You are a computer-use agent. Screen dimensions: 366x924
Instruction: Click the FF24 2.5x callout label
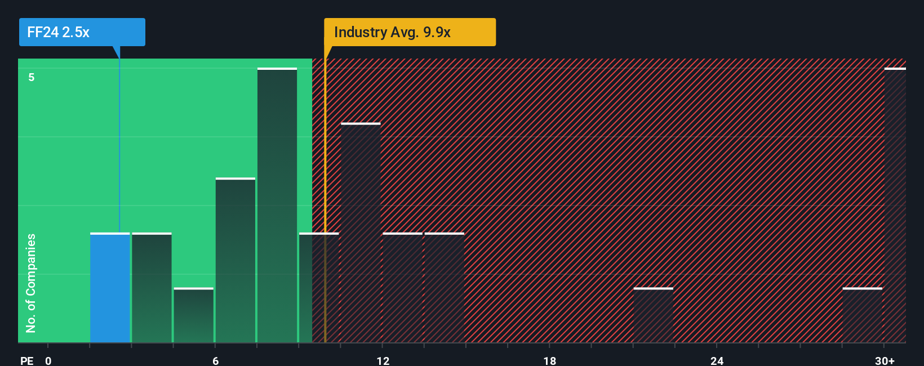82,32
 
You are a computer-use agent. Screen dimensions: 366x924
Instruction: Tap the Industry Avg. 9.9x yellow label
410,32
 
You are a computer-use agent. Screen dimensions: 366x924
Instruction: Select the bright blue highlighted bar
110,288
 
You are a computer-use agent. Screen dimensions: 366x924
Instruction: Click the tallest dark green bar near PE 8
277,206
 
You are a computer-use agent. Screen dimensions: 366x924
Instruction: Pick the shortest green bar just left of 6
193,315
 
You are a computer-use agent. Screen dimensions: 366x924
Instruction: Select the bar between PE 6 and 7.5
236,260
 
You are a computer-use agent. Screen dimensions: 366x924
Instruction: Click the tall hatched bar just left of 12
361,233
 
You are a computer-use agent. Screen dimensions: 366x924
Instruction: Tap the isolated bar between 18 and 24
653,315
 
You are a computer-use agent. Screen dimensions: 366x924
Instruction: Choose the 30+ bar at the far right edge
895,206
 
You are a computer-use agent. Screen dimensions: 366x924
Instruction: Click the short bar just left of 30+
862,315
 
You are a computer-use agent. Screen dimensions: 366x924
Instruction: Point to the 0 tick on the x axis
48,361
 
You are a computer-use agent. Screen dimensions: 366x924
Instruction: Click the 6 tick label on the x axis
216,361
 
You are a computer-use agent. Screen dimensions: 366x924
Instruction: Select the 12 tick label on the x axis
383,361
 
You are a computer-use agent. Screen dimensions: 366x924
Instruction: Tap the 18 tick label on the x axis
550,361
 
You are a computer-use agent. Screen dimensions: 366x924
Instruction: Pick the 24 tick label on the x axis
717,361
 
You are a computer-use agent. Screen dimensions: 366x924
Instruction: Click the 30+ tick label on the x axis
885,361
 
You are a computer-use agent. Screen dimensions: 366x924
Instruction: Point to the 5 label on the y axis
32,77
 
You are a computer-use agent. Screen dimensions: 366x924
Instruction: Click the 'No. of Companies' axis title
31,283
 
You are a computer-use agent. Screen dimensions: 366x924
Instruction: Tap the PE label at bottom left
27,361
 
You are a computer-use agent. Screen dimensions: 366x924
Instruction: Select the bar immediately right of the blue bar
152,288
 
